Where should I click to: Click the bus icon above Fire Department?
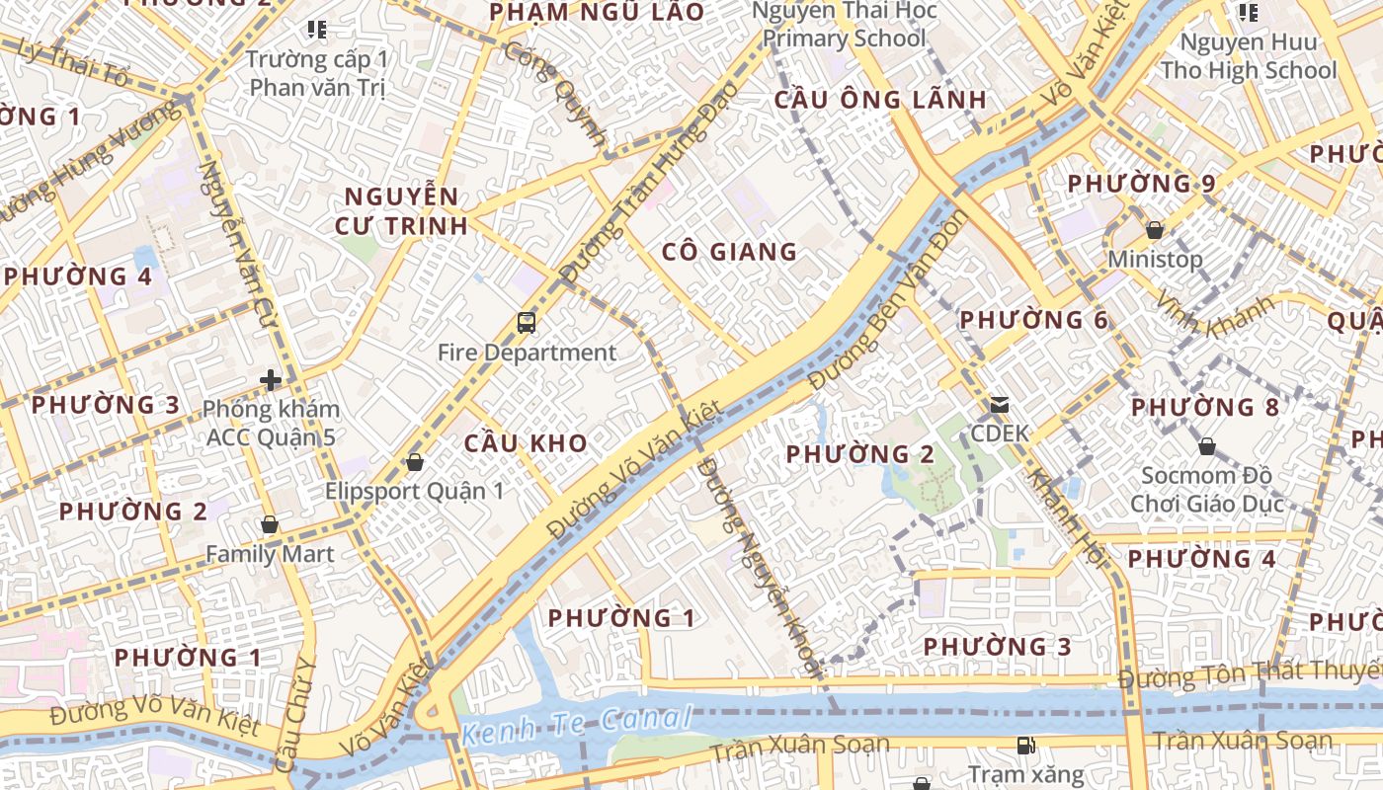[x=527, y=322]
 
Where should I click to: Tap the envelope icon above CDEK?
[x=1000, y=404]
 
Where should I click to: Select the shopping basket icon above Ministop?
[x=1154, y=230]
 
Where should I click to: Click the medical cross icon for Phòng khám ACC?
[x=270, y=379]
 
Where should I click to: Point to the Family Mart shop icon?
[x=269, y=524]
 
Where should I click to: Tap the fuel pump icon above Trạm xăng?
[x=1026, y=745]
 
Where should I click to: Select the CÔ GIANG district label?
[x=729, y=252]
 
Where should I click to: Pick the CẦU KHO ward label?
[x=526, y=443]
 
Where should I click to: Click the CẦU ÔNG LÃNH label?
[x=879, y=100]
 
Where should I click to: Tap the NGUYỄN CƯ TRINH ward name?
[x=400, y=210]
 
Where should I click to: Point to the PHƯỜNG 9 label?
[x=1141, y=184]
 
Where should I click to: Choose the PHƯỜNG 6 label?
[x=1034, y=320]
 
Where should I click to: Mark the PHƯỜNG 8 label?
[x=1205, y=407]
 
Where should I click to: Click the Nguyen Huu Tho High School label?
[x=1249, y=56]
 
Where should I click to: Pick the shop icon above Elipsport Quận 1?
[x=415, y=462]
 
